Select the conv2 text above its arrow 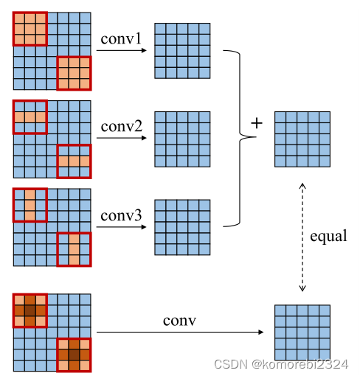pyautogui.click(x=122, y=126)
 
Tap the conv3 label pyautogui.click(x=120, y=215)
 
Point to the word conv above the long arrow pyautogui.click(x=179, y=321)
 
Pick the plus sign pyautogui.click(x=256, y=123)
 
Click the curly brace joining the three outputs pyautogui.click(x=235, y=137)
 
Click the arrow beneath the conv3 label pyautogui.click(x=122, y=227)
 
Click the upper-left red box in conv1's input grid pyautogui.click(x=30, y=29)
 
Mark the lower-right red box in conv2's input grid pyautogui.click(x=74, y=161)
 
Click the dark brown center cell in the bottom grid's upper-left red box pyautogui.click(x=30, y=310)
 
